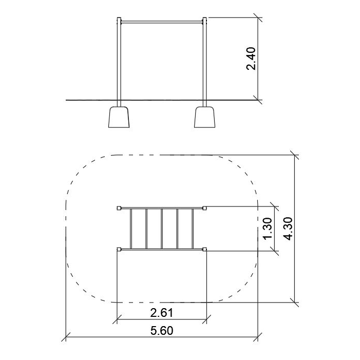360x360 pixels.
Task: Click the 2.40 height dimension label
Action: click(251, 59)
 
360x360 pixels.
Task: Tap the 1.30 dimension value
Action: click(268, 229)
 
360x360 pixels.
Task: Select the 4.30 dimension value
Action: click(288, 229)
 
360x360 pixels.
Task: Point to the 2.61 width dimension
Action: click(161, 313)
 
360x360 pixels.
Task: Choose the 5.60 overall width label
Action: click(162, 331)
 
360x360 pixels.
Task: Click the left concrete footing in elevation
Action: click(119, 117)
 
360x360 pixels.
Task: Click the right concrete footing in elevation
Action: click(204, 117)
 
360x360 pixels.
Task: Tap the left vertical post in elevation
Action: click(119, 62)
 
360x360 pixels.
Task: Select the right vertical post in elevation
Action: click(204, 62)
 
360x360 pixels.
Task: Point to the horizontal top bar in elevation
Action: click(162, 22)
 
